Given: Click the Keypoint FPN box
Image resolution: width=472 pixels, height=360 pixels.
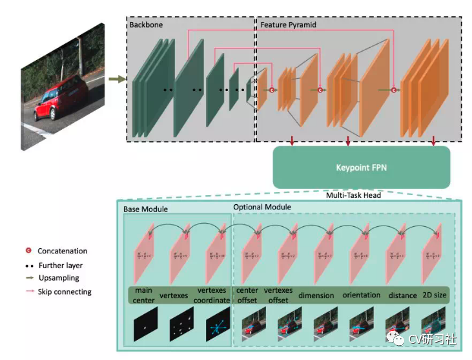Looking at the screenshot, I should point(360,167).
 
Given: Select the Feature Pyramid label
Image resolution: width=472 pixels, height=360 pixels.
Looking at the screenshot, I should point(289,25).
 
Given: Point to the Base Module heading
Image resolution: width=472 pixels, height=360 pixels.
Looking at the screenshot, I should point(146,209).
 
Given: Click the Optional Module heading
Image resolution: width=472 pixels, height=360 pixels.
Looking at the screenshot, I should point(262,207).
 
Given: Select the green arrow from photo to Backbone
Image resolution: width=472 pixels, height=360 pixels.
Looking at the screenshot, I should point(117,79).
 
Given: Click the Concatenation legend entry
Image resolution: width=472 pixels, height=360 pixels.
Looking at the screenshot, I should point(62,251).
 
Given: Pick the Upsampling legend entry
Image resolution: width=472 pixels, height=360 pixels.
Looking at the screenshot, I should point(58,278).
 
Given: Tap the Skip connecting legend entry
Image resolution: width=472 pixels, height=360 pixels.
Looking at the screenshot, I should point(64,291).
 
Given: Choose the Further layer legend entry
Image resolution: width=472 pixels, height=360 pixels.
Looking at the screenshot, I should point(59,265).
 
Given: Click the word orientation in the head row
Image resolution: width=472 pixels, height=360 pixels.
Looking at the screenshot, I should point(362,295).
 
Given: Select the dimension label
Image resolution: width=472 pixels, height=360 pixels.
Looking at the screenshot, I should point(316,295).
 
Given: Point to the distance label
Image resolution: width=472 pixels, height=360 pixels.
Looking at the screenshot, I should point(403,295).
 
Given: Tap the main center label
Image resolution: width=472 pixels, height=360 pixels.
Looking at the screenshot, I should point(144,295).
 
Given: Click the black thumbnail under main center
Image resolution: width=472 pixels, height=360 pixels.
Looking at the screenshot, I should point(144,327).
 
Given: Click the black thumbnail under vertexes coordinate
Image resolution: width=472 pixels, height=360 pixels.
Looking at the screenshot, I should point(216,327).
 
